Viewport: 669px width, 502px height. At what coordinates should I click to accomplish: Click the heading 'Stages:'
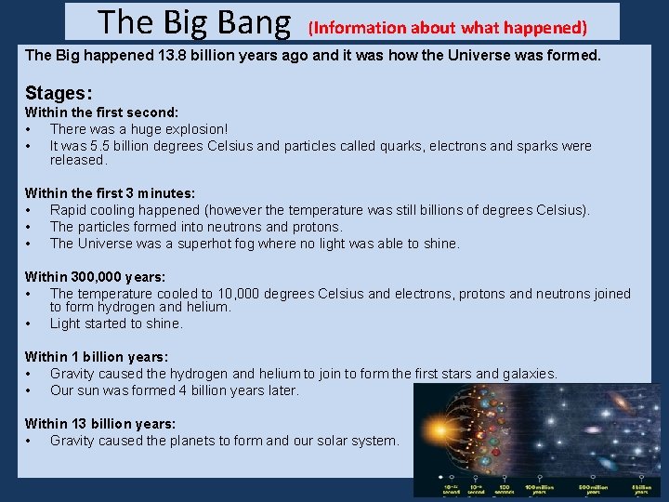[59, 93]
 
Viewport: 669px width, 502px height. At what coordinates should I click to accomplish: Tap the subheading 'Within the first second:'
[101, 112]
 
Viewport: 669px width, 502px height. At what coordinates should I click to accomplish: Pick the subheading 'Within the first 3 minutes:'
[110, 193]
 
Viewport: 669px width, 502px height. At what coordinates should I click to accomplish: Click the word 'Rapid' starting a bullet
[69, 210]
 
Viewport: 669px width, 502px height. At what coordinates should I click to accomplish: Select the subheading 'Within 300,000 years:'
[95, 277]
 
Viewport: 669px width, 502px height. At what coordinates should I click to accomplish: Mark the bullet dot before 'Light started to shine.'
[30, 324]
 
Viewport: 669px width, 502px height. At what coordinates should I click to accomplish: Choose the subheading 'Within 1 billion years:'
[97, 357]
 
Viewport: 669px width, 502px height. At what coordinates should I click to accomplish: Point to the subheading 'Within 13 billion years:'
[100, 424]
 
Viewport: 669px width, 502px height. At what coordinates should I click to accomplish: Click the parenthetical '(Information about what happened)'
[448, 28]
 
